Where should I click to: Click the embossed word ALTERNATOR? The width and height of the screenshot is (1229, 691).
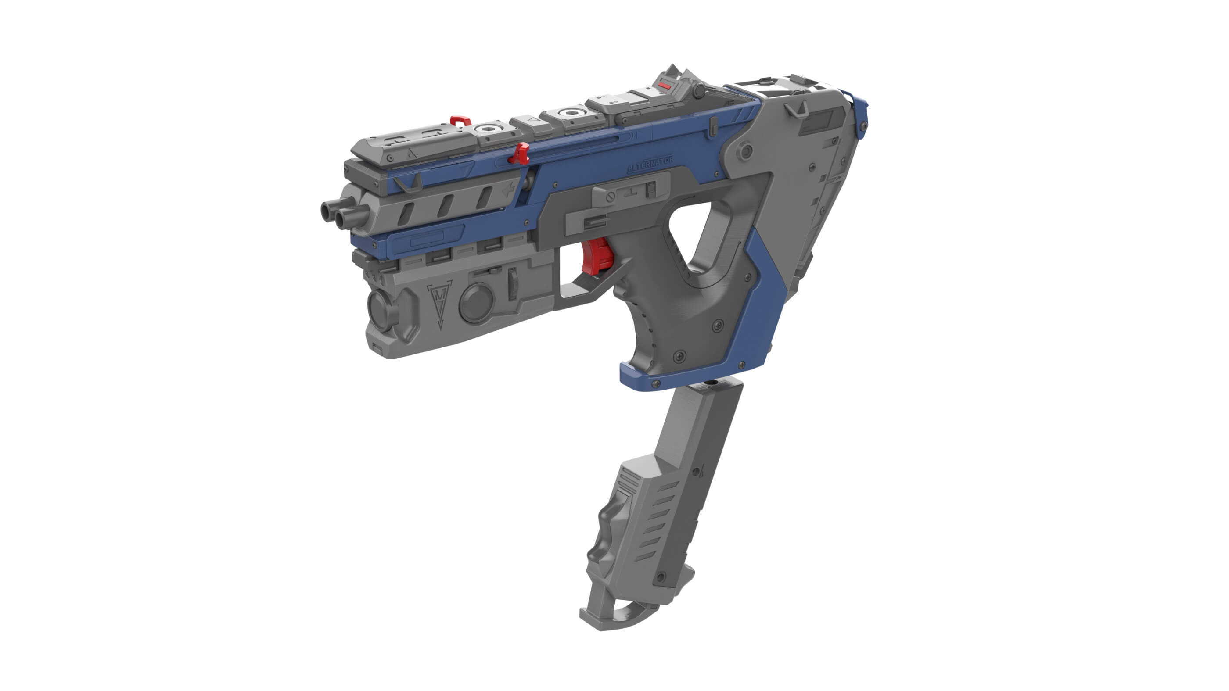(649, 165)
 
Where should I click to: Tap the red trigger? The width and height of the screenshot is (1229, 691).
(597, 257)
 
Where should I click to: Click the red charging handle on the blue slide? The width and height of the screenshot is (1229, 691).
(521, 154)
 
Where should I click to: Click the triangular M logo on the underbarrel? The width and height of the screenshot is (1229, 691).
(439, 303)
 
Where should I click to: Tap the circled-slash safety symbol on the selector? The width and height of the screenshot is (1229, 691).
(610, 197)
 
